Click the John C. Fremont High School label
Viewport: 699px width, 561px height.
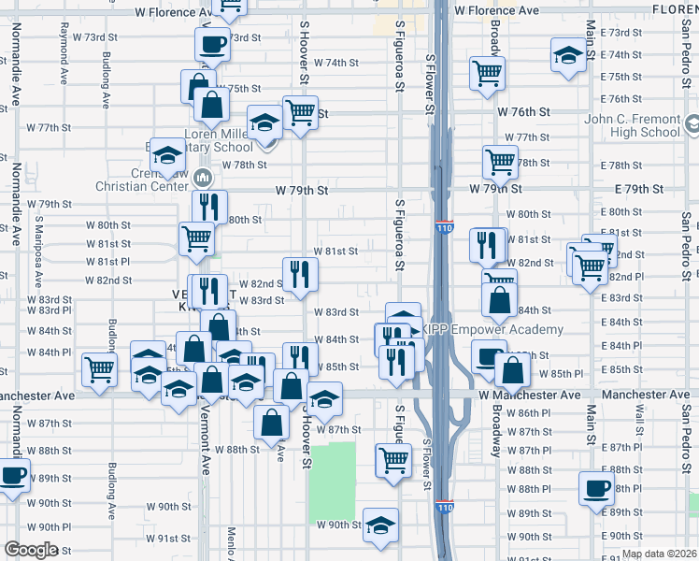(x=645, y=125)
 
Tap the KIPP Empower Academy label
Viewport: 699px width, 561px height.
(x=492, y=329)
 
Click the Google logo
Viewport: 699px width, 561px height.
(x=31, y=550)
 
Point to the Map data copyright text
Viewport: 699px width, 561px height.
(x=659, y=554)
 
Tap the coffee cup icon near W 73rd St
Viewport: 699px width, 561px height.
(x=212, y=43)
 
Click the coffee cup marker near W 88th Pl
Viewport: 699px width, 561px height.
(x=597, y=487)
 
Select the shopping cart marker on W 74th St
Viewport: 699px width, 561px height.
(x=488, y=72)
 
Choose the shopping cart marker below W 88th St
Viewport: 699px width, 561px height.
(x=393, y=459)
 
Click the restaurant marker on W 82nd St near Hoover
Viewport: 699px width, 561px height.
(x=300, y=274)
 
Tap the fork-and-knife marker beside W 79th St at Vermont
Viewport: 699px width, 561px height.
(x=209, y=207)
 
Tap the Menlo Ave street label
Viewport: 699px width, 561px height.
(x=231, y=542)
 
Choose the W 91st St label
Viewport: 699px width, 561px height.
(x=174, y=539)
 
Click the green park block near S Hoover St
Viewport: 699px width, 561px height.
(x=333, y=467)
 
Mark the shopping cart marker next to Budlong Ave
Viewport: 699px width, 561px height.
(x=99, y=368)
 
